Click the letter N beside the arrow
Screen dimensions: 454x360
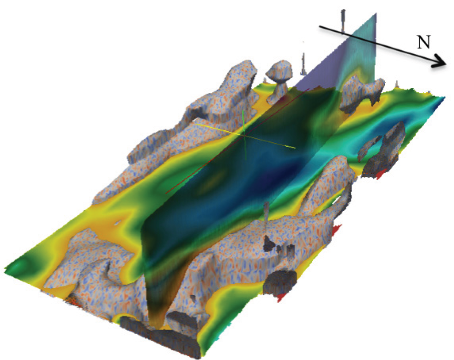coord(424,42)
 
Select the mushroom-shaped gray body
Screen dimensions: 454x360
coord(278,80)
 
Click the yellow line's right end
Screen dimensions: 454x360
coord(295,148)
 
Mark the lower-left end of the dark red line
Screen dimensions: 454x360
coord(166,193)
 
